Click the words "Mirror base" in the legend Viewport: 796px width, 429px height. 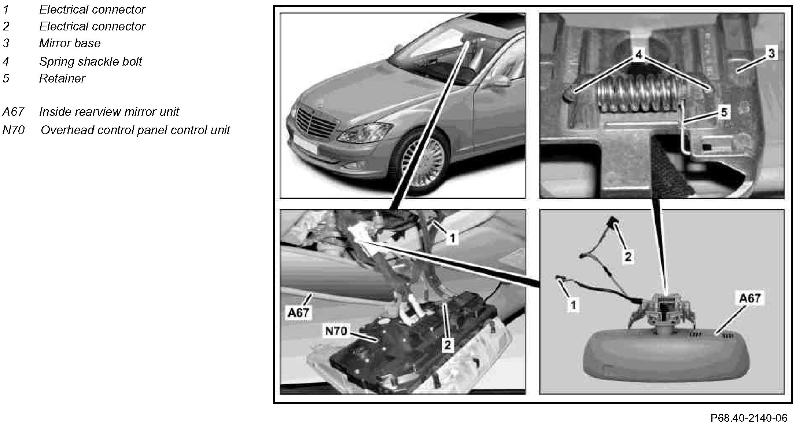point(70,43)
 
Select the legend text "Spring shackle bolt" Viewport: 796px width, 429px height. point(91,61)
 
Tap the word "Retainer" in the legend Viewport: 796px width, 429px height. point(62,78)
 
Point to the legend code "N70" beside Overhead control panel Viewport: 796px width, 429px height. point(14,130)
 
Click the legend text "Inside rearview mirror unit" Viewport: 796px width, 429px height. point(109,111)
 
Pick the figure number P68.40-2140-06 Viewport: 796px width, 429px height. point(749,418)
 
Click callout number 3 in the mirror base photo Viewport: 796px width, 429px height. point(771,54)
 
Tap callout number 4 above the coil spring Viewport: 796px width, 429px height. point(639,55)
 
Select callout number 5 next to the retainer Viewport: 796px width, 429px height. point(724,112)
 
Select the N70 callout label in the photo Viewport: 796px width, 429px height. point(336,331)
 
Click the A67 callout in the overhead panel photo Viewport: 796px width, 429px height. point(298,313)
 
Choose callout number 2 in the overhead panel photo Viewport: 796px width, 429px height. point(447,344)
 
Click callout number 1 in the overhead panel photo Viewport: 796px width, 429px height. point(452,239)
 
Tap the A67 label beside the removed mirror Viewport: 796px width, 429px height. point(750,298)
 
